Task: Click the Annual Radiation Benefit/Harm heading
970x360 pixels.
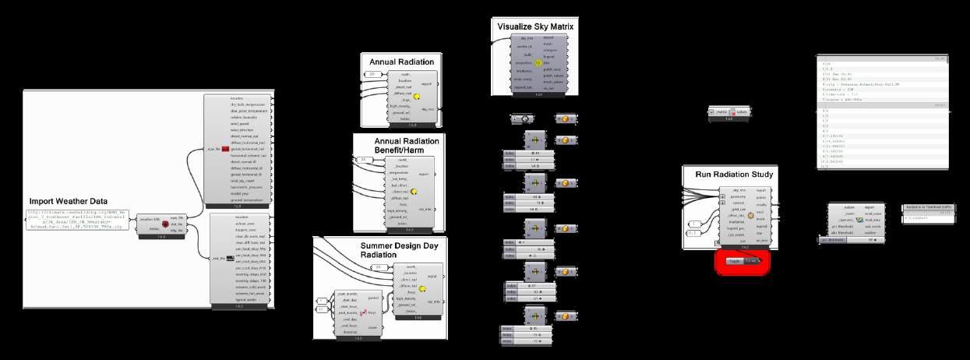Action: (x=407, y=145)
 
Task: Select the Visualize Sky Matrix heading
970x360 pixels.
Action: (x=539, y=27)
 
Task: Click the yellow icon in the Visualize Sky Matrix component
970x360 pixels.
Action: (x=538, y=62)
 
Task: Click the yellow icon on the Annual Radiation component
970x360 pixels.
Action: (x=417, y=97)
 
